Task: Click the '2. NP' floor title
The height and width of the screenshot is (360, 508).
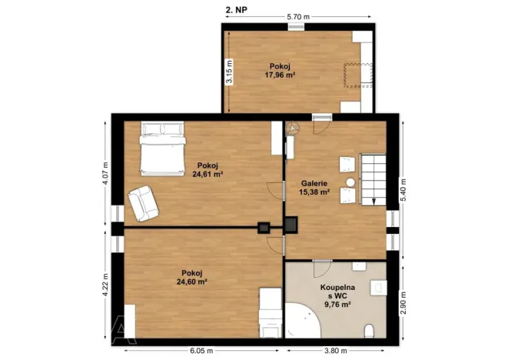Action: tap(237, 10)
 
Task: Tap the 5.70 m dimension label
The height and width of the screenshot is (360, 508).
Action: tap(298, 17)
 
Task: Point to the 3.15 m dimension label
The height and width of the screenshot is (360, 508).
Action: tap(229, 72)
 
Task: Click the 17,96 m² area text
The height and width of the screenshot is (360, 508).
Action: tap(280, 75)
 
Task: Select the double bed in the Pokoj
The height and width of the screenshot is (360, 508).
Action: tap(162, 148)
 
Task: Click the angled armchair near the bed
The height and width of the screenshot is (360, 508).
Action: tap(143, 203)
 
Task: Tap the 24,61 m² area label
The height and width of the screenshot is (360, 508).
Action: tap(208, 174)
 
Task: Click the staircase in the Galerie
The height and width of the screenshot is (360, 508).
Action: tap(373, 179)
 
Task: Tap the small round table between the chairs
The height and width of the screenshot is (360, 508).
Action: tap(350, 182)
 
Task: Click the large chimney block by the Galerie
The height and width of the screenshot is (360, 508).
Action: tap(291, 225)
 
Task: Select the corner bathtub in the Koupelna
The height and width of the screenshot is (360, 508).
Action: tap(302, 321)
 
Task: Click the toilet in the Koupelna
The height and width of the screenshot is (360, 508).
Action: tap(369, 331)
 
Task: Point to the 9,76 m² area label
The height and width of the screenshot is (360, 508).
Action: tap(338, 304)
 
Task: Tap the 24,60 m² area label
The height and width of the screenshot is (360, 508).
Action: tap(192, 282)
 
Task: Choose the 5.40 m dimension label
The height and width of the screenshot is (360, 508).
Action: tap(403, 190)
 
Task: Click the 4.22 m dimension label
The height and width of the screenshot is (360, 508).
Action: tap(105, 285)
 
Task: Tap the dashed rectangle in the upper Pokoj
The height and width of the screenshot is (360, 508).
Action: tap(357, 75)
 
